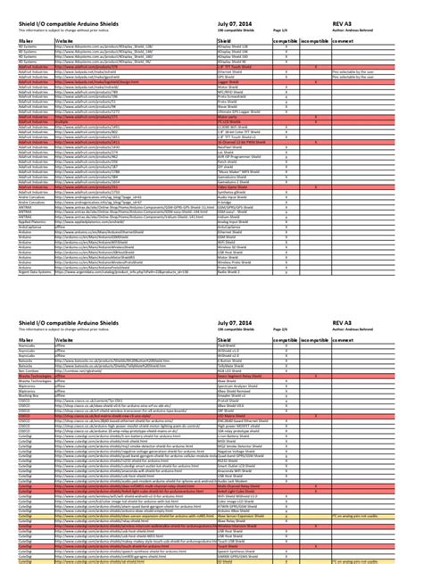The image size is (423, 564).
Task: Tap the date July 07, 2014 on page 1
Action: [x=238, y=21]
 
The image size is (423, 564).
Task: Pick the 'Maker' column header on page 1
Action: [x=27, y=41]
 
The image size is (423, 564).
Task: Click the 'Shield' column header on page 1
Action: [x=227, y=41]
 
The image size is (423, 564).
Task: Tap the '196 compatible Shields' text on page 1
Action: [x=236, y=29]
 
